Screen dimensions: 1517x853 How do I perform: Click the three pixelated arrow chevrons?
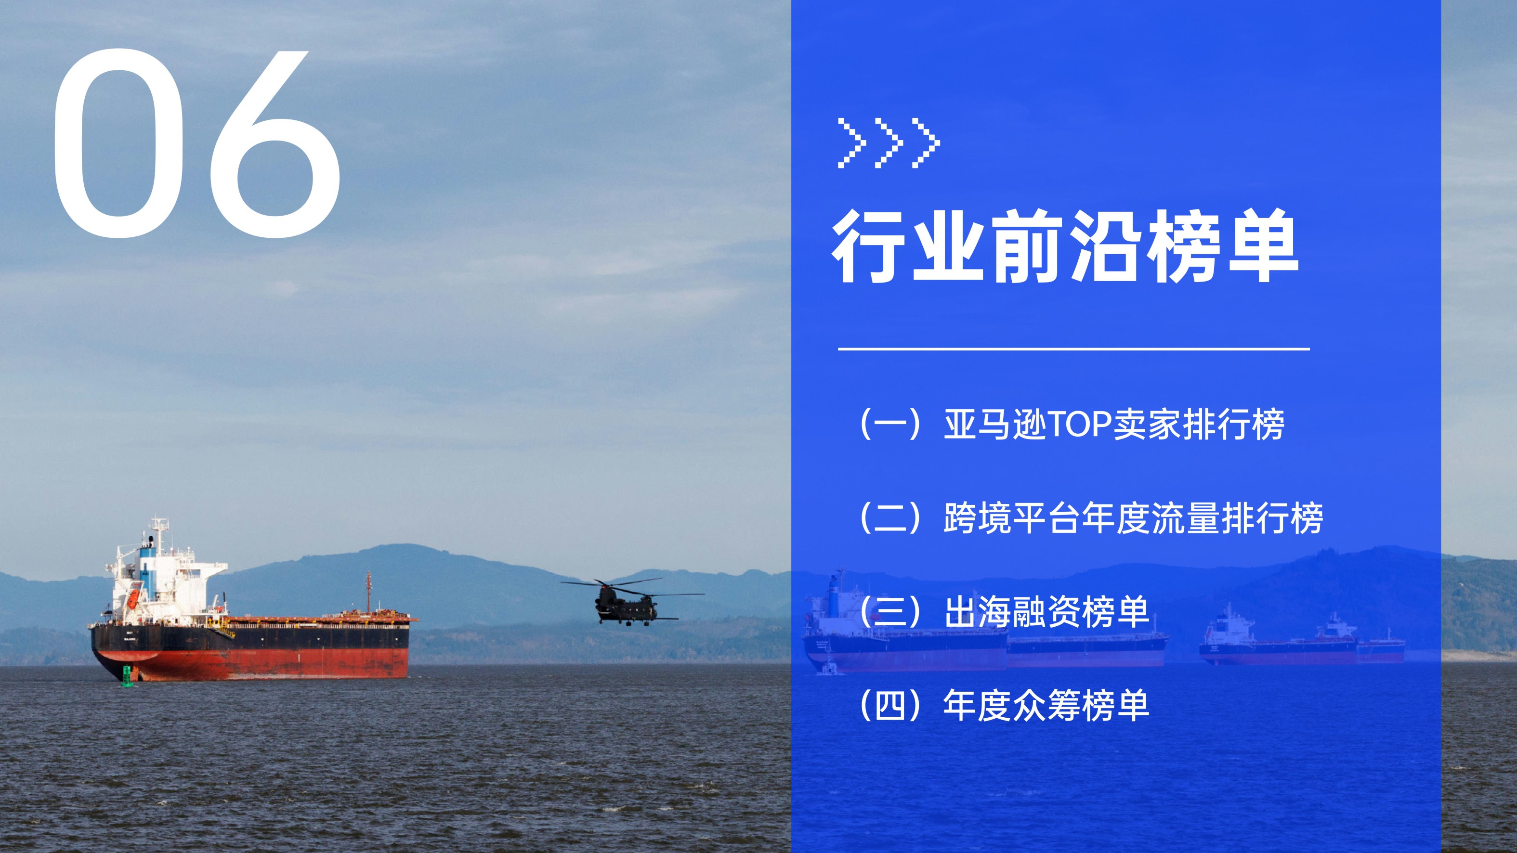889,143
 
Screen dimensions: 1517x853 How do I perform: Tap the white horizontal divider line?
1073,349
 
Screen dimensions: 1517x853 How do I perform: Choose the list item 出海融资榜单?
1046,612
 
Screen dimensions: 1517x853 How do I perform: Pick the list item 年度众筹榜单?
1046,705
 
